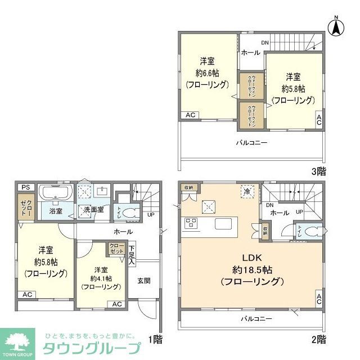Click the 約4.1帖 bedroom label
click(101, 277)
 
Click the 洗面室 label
click(93, 210)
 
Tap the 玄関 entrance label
click(143, 281)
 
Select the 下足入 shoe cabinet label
click(132, 255)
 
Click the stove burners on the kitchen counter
click(191, 223)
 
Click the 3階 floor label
click(317, 172)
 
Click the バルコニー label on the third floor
click(251, 143)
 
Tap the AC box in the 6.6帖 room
click(190, 115)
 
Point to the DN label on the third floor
click(264, 43)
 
